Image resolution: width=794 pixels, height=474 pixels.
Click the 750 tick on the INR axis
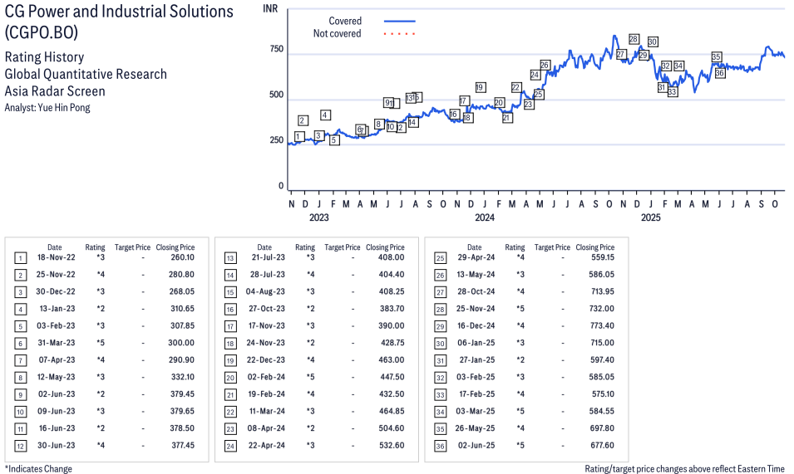click(x=276, y=50)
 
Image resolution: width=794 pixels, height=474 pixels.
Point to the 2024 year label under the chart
click(x=485, y=218)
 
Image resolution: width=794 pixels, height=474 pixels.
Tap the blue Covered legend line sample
click(x=400, y=21)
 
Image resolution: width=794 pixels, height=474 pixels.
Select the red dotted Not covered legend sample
click(x=400, y=34)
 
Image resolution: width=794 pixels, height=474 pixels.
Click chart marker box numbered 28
click(x=634, y=39)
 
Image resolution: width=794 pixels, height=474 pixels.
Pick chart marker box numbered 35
click(x=717, y=57)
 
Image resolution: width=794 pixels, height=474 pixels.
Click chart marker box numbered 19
click(x=480, y=87)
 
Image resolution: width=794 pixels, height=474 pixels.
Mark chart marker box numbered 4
click(x=325, y=115)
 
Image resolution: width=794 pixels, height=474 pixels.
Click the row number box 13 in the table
click(x=230, y=257)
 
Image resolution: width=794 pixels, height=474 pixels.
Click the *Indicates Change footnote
click(x=38, y=469)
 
